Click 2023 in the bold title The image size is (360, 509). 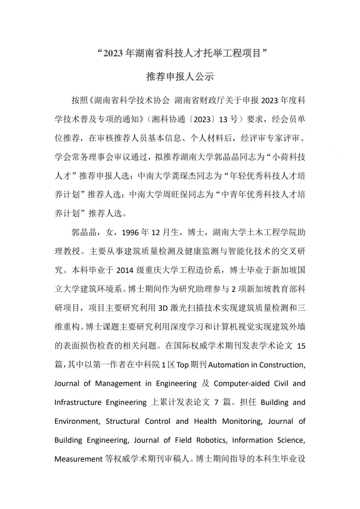(x=113, y=53)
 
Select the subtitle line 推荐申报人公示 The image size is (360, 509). (x=180, y=77)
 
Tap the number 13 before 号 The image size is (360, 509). (x=223, y=119)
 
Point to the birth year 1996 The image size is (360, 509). (x=131, y=233)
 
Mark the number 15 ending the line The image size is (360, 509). (x=301, y=346)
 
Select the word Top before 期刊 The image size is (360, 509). (x=182, y=365)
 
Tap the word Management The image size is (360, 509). (x=118, y=383)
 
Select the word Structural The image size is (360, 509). (x=123, y=421)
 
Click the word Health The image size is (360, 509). (x=205, y=421)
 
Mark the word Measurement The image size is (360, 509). (x=78, y=459)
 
